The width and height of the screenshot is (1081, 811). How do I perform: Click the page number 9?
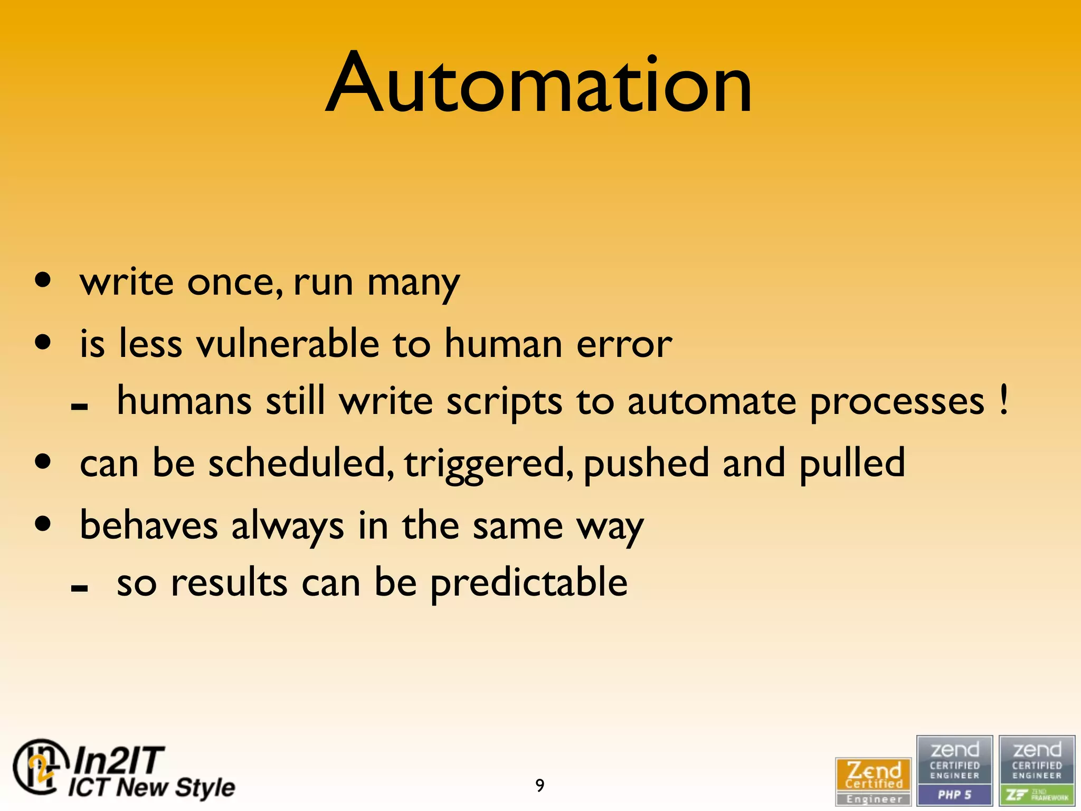(x=539, y=785)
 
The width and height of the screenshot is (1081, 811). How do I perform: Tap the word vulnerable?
(x=288, y=344)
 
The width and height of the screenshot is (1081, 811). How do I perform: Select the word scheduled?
(x=300, y=463)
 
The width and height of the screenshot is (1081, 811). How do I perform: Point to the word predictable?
(x=529, y=583)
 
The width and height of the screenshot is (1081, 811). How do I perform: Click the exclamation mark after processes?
(x=1003, y=400)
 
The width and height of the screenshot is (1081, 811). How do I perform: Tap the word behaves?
(x=148, y=525)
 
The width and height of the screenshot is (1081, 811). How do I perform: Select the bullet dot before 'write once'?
(x=43, y=280)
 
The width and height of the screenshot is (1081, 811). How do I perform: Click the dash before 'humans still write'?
(x=79, y=407)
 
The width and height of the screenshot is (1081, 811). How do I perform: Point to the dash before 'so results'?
(x=79, y=588)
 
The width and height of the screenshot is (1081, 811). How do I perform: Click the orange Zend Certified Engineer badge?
(x=874, y=781)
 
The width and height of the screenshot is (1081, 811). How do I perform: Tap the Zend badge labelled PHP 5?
(x=954, y=770)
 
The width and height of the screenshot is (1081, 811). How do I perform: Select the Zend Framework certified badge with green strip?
(x=1037, y=770)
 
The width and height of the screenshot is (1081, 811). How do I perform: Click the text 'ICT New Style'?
(x=151, y=787)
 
